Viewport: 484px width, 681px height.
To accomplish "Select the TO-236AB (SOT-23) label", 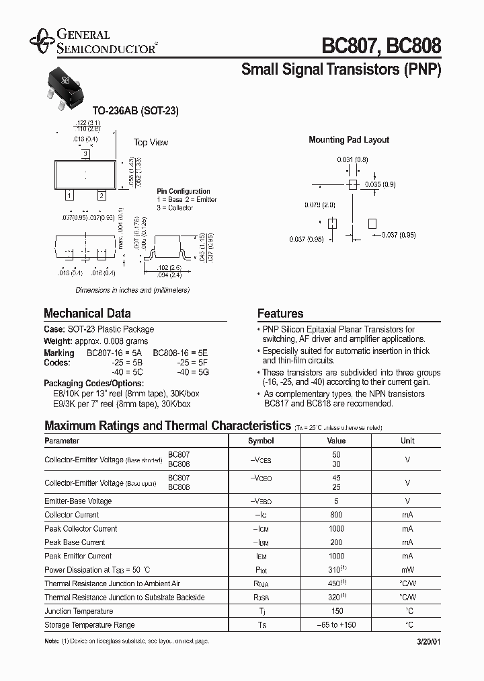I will point(135,111).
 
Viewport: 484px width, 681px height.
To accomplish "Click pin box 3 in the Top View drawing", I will point(86,154).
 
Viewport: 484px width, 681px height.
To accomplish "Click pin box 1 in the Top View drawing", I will point(69,196).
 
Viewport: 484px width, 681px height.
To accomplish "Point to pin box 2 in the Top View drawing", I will point(101,196).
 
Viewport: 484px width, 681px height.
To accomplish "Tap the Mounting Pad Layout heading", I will point(349,140).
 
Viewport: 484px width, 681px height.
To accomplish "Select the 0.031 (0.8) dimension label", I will point(352,160).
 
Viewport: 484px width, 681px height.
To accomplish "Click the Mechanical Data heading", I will point(87,313).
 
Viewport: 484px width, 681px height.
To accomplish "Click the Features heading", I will point(280,313).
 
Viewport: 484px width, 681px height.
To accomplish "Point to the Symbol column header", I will point(261,441).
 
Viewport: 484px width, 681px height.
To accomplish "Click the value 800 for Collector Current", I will point(336,515).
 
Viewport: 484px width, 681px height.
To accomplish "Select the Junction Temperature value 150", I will point(336,611).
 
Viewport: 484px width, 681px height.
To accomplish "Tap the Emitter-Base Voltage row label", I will point(78,501).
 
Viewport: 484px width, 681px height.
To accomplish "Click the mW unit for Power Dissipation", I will point(407,570).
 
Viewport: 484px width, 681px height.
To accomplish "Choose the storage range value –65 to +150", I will point(336,625).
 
